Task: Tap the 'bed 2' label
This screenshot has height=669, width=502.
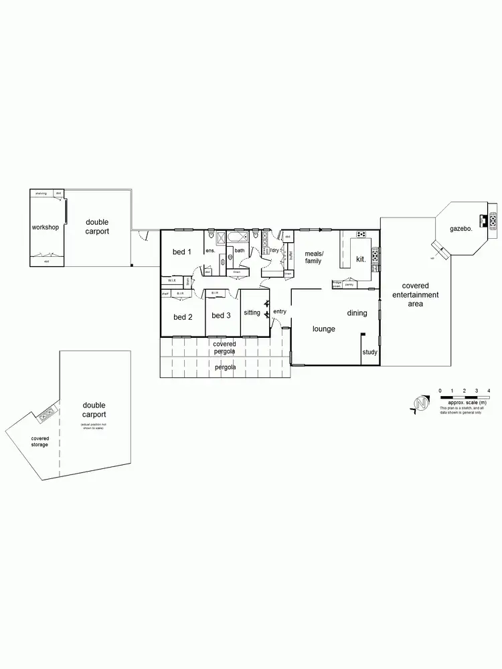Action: (183, 317)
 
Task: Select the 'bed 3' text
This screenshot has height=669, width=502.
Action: (221, 316)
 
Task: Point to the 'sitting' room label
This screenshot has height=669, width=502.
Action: (252, 312)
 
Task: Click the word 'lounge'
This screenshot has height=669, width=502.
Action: (323, 328)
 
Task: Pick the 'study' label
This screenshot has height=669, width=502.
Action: (369, 352)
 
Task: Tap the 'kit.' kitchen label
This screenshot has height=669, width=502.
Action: (360, 258)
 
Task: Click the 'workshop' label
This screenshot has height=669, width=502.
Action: (46, 227)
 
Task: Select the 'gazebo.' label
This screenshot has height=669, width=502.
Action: (461, 228)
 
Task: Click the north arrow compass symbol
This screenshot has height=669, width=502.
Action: (420, 403)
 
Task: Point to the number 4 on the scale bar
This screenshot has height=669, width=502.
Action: (489, 389)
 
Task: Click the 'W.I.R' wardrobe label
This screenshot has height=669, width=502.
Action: (173, 280)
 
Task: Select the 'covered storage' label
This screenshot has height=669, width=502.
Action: (39, 442)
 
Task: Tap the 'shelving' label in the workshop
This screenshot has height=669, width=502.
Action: (41, 193)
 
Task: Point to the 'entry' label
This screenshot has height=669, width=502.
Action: (280, 312)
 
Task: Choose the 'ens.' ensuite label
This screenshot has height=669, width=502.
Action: (210, 251)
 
